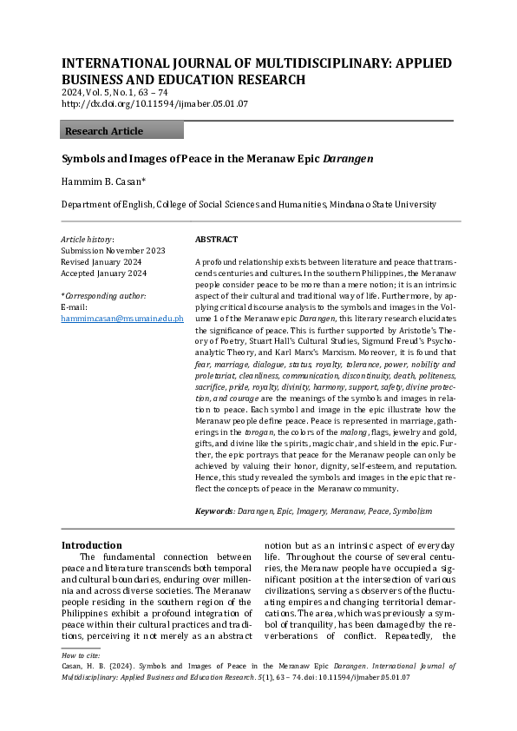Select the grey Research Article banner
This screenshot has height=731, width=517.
point(121,131)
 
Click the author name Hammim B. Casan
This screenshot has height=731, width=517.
point(96,182)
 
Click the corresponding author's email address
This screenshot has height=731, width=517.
point(122,319)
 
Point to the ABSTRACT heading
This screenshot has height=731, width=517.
point(216,239)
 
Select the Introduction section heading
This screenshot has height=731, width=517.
point(91,545)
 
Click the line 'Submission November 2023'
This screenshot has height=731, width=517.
point(112,250)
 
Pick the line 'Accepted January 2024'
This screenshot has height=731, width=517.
point(104,273)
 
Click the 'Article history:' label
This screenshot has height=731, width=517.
point(87,239)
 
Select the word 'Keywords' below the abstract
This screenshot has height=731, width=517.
point(214,512)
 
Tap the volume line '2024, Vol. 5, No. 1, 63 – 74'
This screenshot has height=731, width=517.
point(115,92)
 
